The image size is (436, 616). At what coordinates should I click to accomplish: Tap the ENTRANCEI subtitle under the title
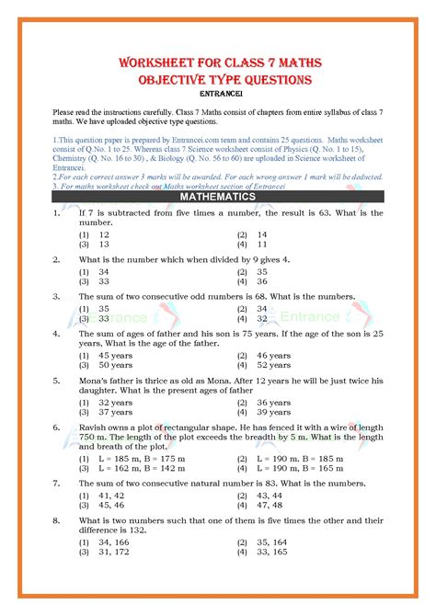pyautogui.click(x=217, y=93)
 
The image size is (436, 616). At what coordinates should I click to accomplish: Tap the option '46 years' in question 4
pyautogui.click(x=274, y=355)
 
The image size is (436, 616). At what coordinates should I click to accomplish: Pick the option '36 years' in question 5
pyautogui.click(x=274, y=402)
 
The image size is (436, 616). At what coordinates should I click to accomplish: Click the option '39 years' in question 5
pyautogui.click(x=274, y=413)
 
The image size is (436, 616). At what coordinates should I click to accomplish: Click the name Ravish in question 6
pyautogui.click(x=94, y=428)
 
